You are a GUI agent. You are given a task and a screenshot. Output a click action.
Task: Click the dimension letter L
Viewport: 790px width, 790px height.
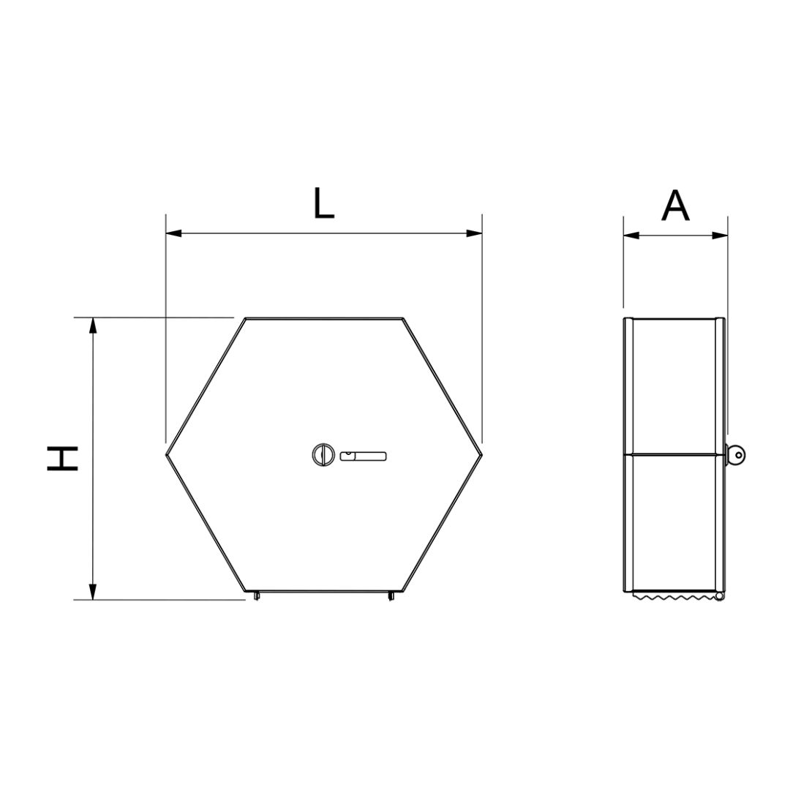click(x=324, y=203)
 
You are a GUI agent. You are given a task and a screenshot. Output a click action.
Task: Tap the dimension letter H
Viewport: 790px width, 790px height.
click(x=62, y=458)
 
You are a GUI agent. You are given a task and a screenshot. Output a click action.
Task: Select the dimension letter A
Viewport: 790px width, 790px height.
click(x=675, y=206)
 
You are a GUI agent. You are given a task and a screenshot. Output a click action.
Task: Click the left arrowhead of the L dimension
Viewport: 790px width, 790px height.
click(x=173, y=233)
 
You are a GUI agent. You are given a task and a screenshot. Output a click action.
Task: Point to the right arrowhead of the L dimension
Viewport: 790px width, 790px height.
click(x=474, y=233)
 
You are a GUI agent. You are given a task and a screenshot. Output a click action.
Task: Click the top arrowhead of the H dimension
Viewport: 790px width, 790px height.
click(x=92, y=326)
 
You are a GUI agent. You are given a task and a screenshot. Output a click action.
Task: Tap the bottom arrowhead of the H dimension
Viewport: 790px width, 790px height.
click(x=92, y=592)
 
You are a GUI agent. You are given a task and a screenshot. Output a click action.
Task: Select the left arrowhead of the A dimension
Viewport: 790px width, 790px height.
click(x=631, y=236)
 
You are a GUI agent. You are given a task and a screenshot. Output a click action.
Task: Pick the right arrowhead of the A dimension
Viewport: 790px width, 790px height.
click(x=720, y=236)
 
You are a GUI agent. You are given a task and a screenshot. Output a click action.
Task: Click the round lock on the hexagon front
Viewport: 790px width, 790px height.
click(x=323, y=454)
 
